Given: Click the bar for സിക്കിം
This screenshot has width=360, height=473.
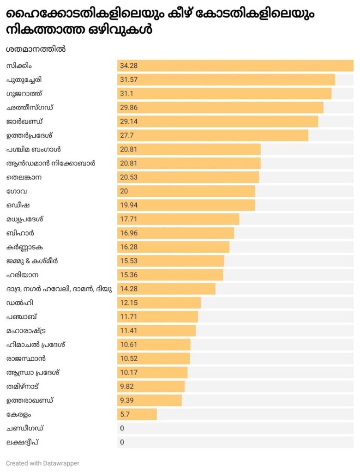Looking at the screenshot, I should pos(235,66).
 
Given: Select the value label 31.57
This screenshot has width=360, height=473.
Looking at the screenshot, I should pos(129,79).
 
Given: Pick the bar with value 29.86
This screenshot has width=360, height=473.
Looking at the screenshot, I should pos(220,108).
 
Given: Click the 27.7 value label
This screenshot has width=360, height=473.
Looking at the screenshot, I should pos(127,135).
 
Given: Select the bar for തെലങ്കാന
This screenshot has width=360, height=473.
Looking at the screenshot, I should pos(188,177).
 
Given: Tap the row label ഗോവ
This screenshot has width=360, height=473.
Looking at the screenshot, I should pos(13,191).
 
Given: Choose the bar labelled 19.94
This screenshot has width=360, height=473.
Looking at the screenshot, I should pos(186,205).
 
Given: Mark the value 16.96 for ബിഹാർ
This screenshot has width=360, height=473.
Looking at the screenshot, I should pos(129,233).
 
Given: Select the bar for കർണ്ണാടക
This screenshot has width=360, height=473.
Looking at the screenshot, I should pos(173,247).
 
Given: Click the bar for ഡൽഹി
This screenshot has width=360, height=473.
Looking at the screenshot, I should pos(159,303).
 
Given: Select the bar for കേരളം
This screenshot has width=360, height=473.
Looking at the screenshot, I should pos(137,414).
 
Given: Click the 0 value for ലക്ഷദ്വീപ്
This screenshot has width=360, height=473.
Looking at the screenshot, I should pos(122,442).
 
